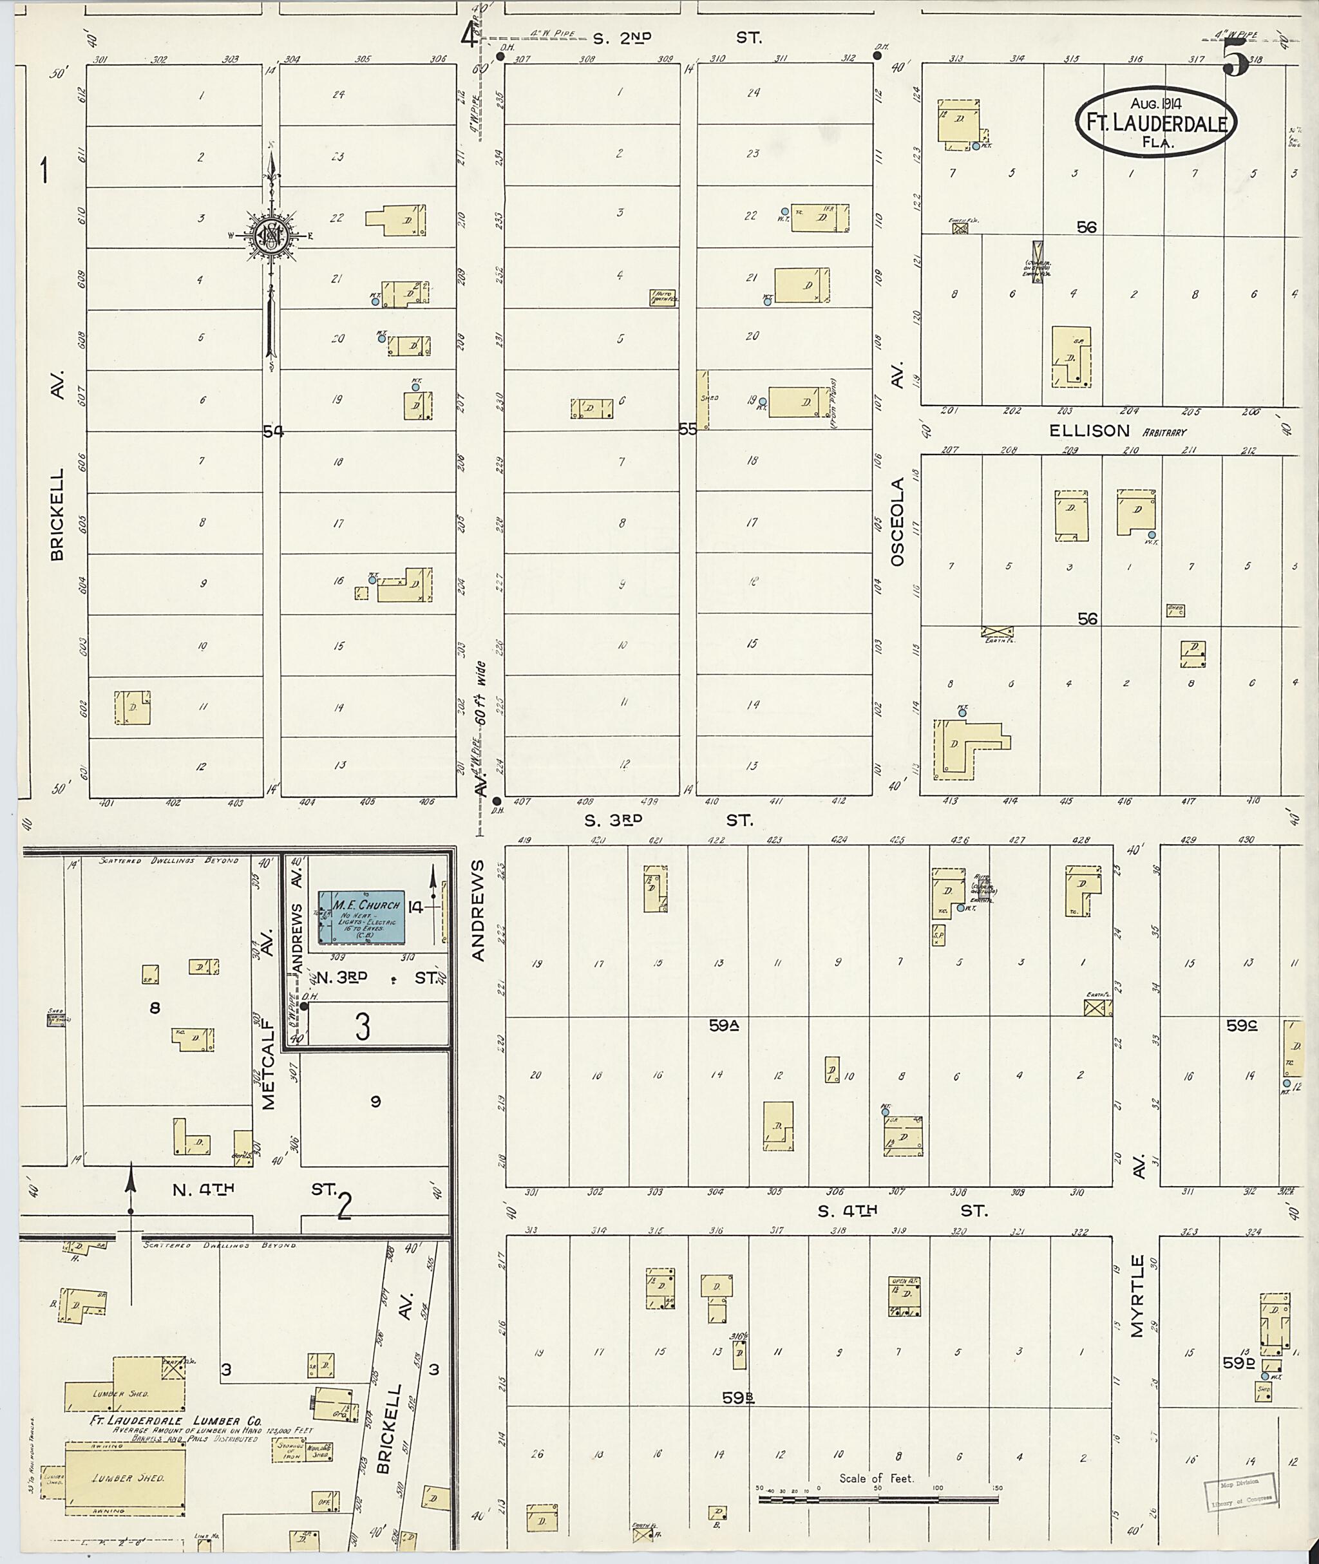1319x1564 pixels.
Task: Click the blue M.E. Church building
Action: pyautogui.click(x=361, y=916)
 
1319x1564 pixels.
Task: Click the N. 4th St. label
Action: pyautogui.click(x=254, y=1189)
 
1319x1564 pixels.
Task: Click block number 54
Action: pyautogui.click(x=273, y=431)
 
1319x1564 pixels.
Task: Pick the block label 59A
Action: pyautogui.click(x=725, y=1026)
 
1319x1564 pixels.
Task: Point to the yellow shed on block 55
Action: pyautogui.click(x=703, y=400)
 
